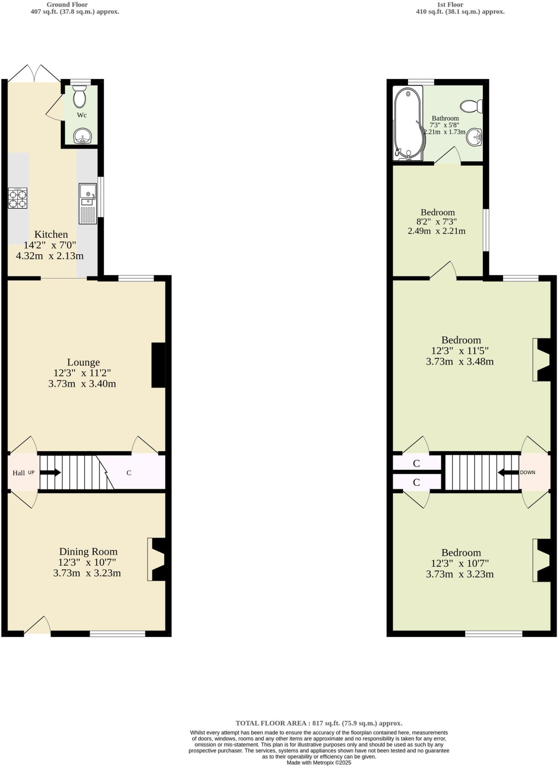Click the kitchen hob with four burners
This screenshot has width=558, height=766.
(18, 198)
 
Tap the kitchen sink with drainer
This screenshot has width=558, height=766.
(88, 204)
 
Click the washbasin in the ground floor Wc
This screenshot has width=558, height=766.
(82, 135)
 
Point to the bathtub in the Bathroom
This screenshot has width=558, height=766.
(408, 123)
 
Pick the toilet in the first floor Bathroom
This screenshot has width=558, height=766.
(471, 106)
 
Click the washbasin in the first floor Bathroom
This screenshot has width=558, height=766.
(474, 137)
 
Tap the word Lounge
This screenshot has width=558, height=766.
(84, 362)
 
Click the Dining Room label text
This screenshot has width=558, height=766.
(88, 552)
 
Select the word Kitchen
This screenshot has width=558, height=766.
(51, 235)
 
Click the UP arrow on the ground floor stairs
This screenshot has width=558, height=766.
(51, 472)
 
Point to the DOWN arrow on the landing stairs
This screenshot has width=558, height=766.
(508, 472)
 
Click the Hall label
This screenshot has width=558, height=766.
(19, 473)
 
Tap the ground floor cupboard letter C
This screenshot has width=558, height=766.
(129, 473)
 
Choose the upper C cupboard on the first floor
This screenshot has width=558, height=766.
(416, 463)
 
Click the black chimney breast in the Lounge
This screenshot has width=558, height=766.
(158, 365)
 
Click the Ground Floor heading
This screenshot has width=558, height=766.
(67, 4)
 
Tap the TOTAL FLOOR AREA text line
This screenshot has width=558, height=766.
(319, 723)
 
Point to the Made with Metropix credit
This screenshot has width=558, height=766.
(319, 762)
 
